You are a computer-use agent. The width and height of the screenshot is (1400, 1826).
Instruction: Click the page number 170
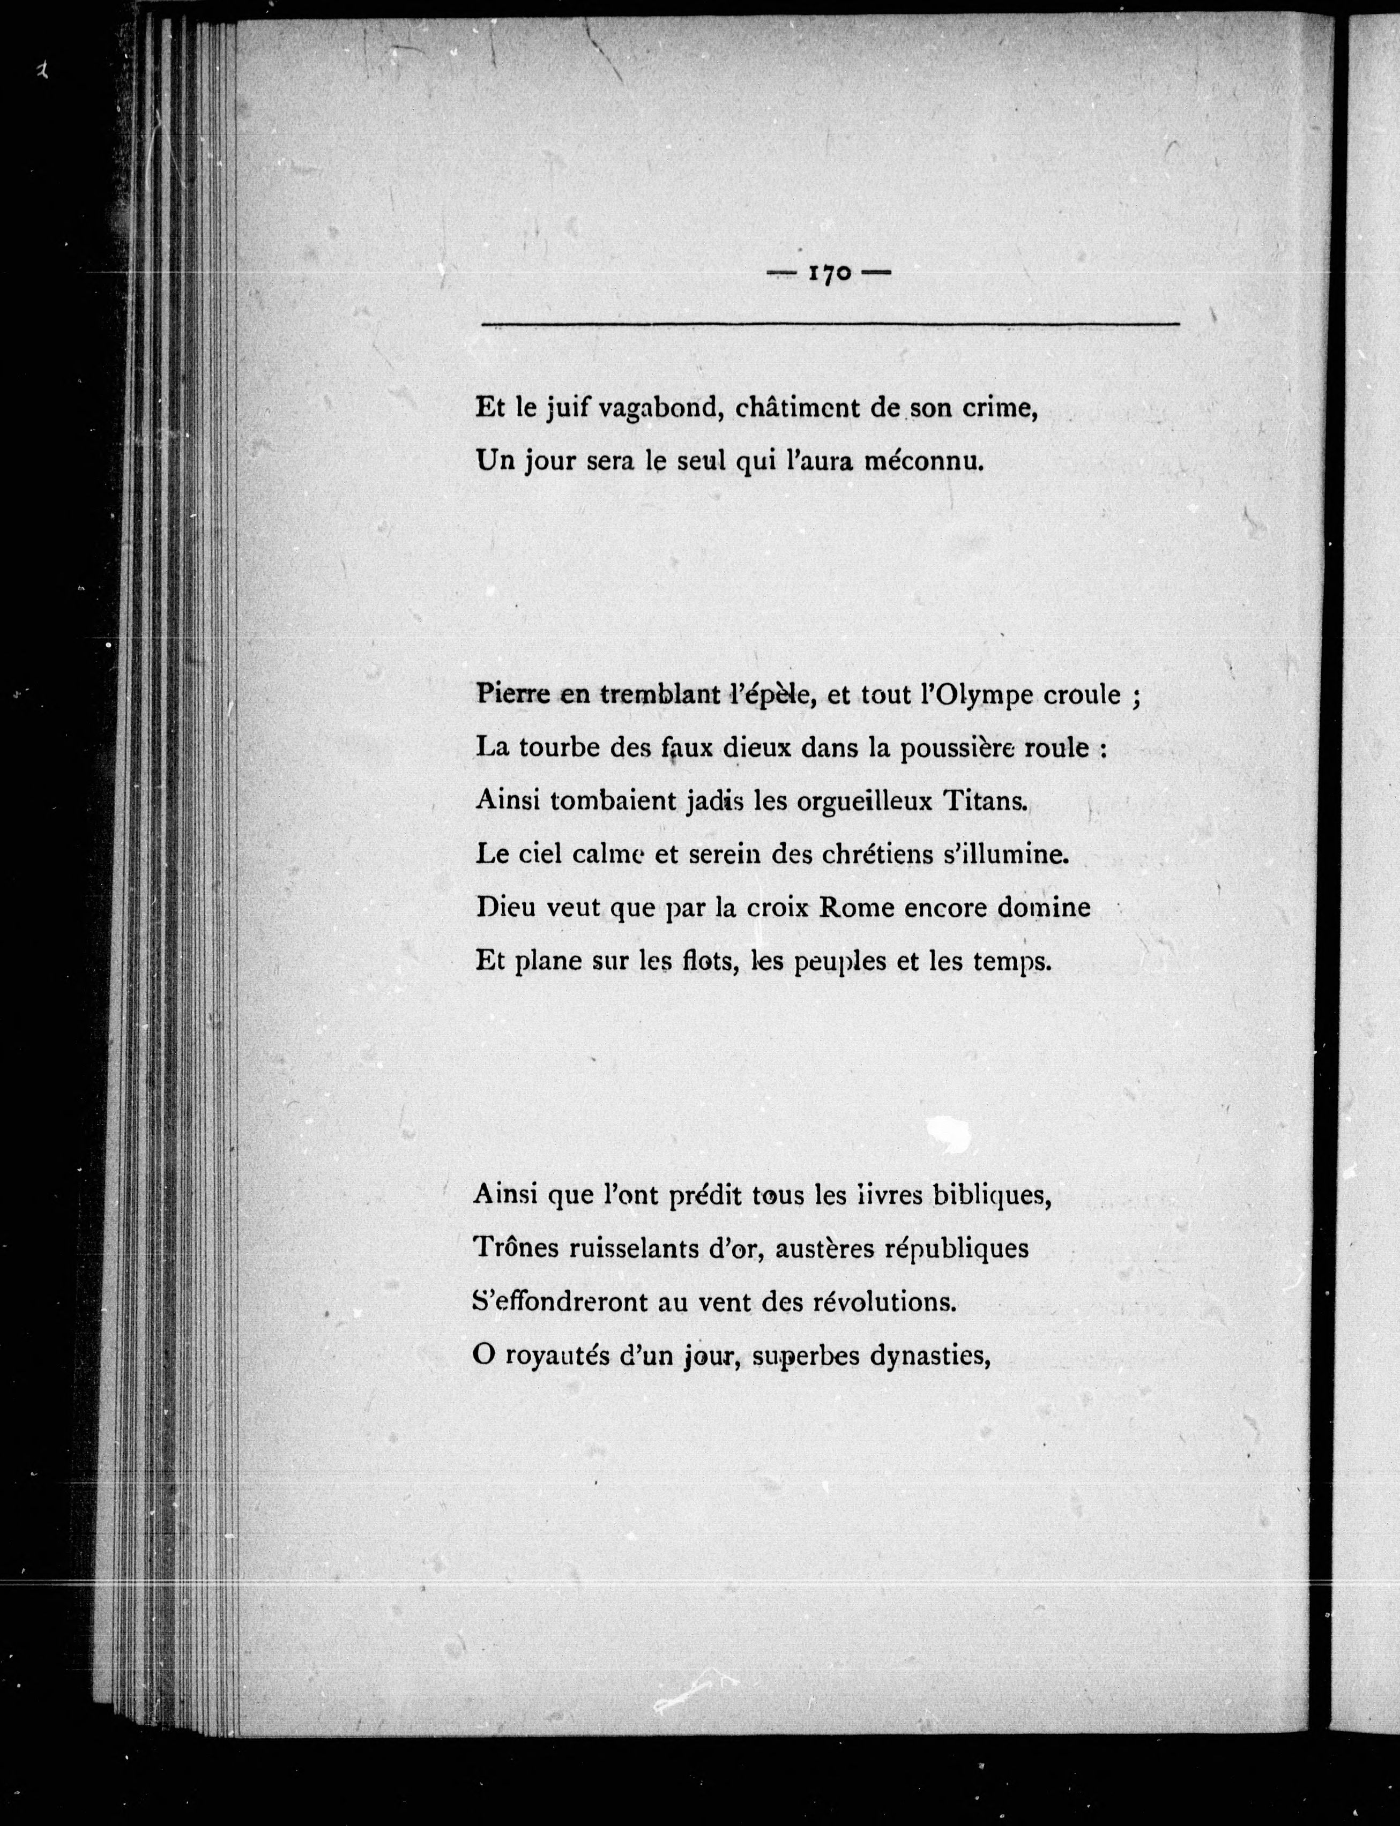tap(829, 274)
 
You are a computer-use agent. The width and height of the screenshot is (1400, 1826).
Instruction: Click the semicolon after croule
tap(1135, 698)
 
